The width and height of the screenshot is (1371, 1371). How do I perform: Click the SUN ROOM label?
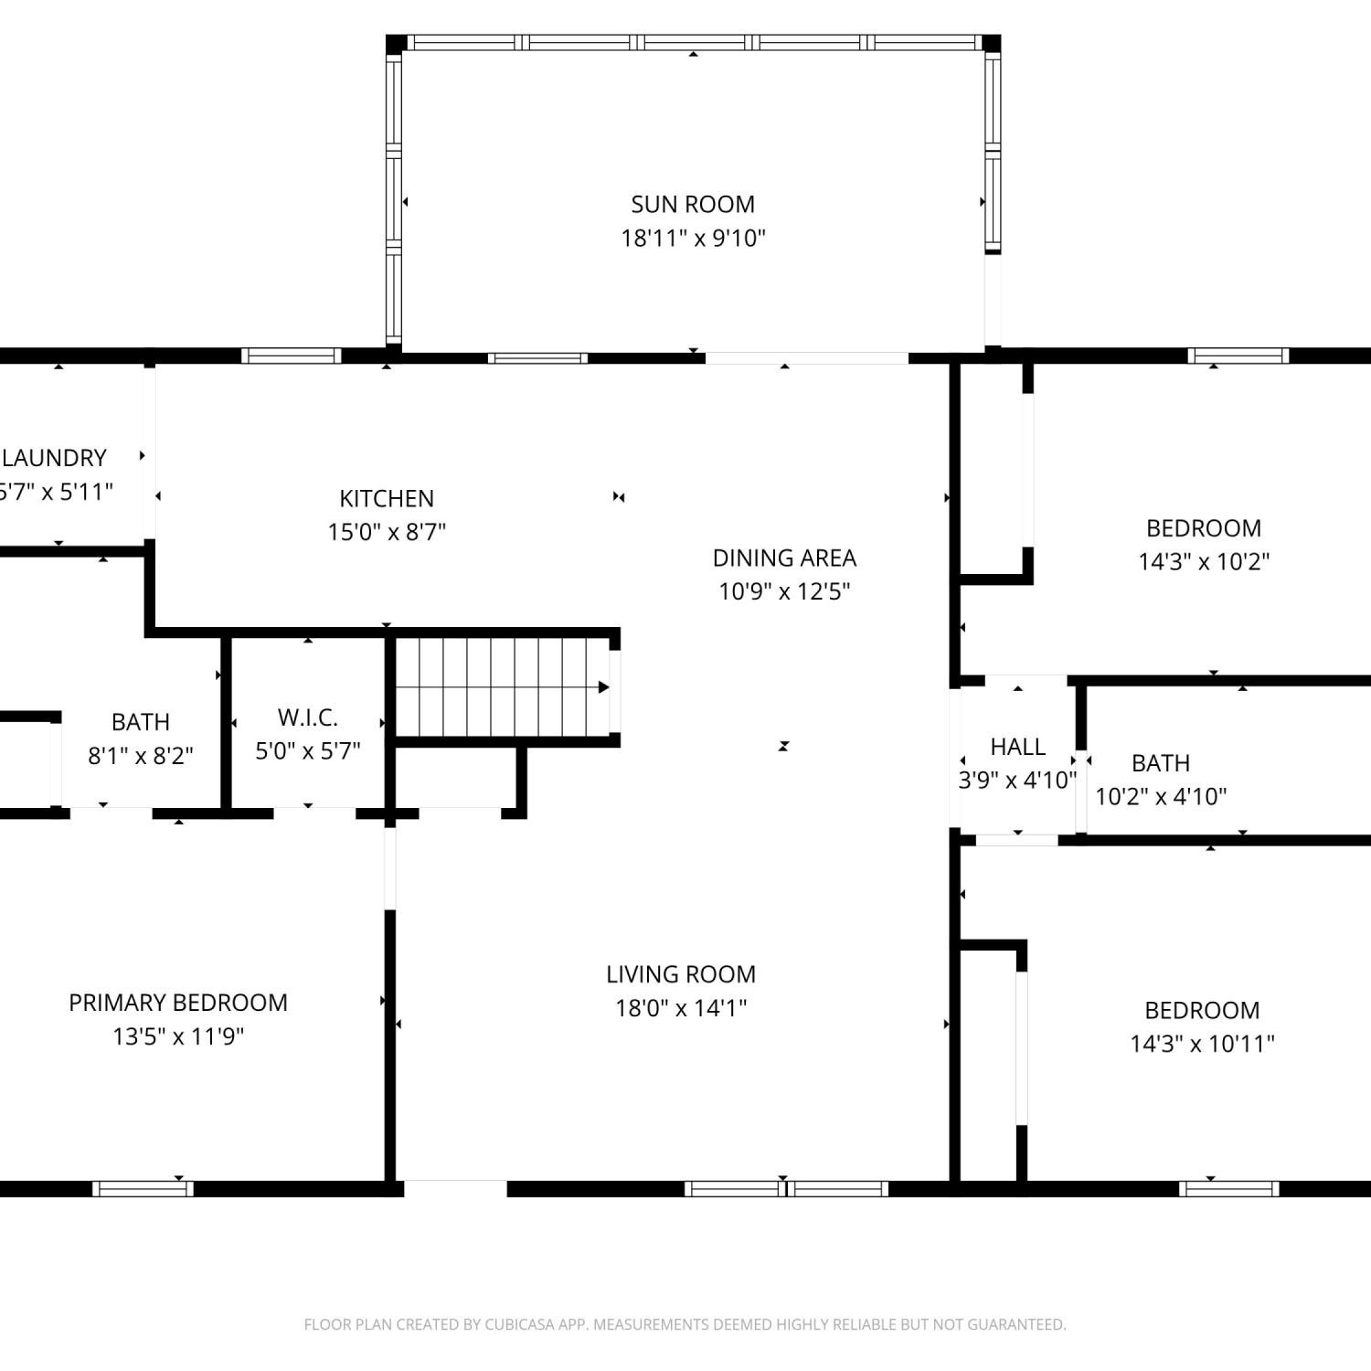click(x=693, y=204)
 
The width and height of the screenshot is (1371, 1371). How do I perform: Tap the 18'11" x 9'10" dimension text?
click(x=693, y=238)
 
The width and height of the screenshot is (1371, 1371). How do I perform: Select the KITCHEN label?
click(x=387, y=498)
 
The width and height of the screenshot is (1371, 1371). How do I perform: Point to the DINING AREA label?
click(x=784, y=558)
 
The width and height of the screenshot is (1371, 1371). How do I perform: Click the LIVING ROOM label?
click(x=681, y=974)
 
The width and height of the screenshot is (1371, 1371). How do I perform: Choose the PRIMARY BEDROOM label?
click(x=178, y=1003)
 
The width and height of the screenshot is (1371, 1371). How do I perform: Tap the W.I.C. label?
click(x=308, y=717)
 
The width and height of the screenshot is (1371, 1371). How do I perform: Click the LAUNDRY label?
click(x=54, y=458)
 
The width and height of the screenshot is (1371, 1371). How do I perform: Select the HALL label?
click(x=1017, y=747)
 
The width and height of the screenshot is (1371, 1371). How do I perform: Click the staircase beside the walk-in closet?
click(x=502, y=686)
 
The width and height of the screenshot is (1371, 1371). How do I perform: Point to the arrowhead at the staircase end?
click(x=604, y=686)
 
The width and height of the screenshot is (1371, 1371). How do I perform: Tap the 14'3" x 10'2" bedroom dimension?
click(x=1204, y=561)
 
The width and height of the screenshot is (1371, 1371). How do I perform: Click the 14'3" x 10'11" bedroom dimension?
click(x=1202, y=1043)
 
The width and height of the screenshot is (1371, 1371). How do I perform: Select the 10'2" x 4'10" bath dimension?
click(x=1161, y=796)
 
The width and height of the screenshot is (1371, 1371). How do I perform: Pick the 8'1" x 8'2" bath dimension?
click(x=141, y=756)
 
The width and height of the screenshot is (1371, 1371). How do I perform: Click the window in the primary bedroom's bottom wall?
click(x=143, y=1188)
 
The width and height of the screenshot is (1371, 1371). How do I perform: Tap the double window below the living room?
click(x=786, y=1188)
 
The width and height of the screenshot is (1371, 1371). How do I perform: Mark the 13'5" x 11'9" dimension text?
click(x=178, y=1036)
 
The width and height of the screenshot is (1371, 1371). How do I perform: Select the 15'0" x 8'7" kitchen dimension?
click(x=387, y=532)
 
